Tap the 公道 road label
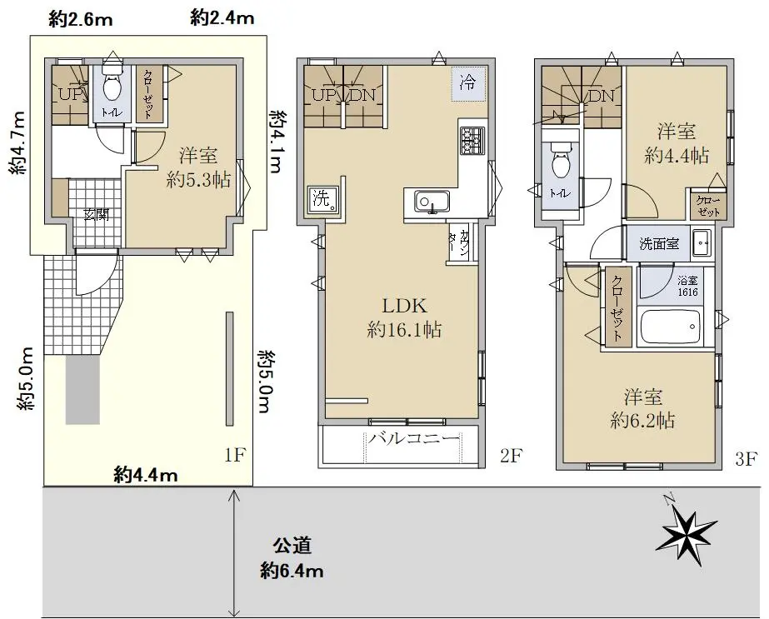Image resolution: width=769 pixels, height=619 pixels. (292, 546)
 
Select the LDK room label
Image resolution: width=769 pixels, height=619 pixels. (405, 306)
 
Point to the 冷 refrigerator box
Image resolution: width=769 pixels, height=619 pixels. (468, 82)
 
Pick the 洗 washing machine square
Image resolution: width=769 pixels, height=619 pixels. (322, 200)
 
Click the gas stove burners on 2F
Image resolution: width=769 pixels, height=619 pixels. (472, 141)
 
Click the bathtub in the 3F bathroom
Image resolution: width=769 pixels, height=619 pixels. (671, 327)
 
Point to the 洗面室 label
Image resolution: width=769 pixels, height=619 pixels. (659, 244)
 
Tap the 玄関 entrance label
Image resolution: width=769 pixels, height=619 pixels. (96, 215)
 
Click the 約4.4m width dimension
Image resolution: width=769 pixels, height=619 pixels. (146, 475)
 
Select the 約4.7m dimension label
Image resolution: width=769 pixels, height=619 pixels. (17, 143)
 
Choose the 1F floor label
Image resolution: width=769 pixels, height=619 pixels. (235, 456)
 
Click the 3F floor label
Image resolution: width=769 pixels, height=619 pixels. (747, 460)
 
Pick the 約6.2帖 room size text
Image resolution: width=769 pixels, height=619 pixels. (642, 421)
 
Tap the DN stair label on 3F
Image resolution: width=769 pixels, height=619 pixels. (601, 96)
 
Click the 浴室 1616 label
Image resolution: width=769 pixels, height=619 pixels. (687, 287)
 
